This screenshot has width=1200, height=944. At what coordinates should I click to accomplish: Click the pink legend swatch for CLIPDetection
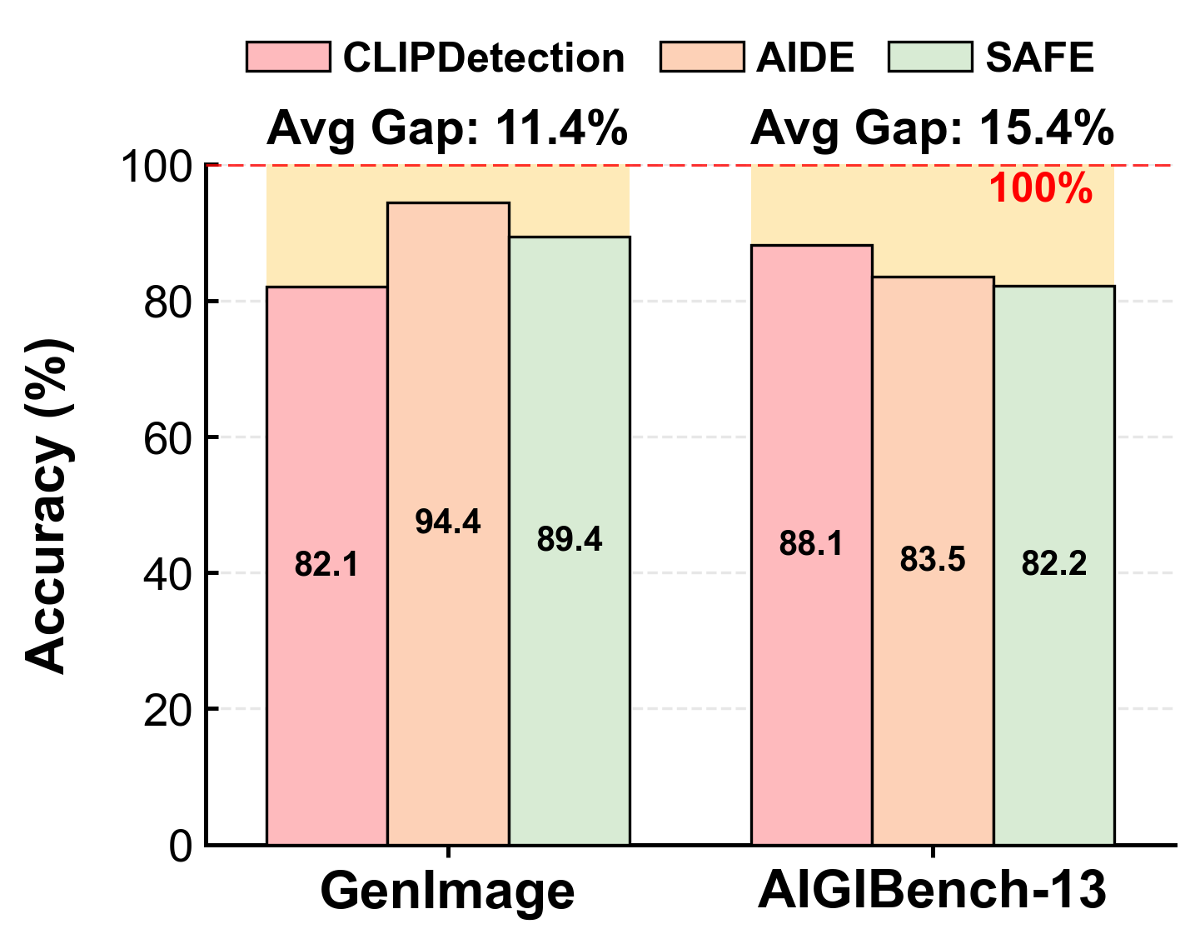click(x=288, y=57)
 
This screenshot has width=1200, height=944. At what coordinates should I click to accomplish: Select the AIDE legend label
click(x=805, y=57)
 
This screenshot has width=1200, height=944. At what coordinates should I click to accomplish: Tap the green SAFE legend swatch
click(x=930, y=57)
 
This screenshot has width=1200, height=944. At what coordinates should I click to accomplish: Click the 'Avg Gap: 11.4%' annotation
click(x=447, y=129)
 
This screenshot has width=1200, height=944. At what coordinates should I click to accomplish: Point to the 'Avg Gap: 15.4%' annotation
click(x=932, y=129)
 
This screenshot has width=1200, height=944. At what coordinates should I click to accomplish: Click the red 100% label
click(x=1040, y=188)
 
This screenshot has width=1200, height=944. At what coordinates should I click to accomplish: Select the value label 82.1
click(x=326, y=563)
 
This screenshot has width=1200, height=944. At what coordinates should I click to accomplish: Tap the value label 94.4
click(x=448, y=522)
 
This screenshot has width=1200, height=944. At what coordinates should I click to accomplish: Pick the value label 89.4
click(x=570, y=540)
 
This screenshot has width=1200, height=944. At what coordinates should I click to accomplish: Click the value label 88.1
click(x=811, y=543)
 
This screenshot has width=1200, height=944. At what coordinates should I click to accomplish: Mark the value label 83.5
click(x=933, y=559)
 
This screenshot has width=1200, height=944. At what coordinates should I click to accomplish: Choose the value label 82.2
click(x=1054, y=563)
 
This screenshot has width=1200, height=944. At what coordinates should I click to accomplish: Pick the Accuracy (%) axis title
click(x=49, y=506)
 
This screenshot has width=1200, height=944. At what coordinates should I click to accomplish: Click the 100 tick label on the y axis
click(x=156, y=167)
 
